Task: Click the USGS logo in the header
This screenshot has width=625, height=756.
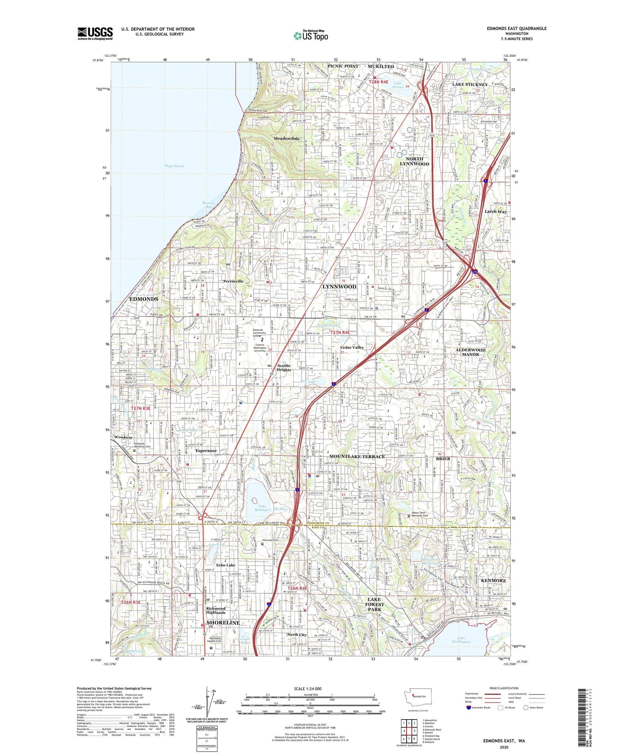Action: click(x=95, y=33)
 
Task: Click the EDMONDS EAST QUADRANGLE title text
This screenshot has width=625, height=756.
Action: click(x=516, y=29)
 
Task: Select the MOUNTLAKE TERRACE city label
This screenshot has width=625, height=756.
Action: click(x=357, y=456)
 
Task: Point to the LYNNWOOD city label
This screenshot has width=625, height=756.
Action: click(x=340, y=287)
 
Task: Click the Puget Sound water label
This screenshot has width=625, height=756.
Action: click(x=174, y=166)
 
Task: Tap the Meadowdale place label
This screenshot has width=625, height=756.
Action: click(x=286, y=139)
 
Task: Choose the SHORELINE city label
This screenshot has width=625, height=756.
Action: click(x=223, y=623)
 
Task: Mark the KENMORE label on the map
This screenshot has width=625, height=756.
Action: click(x=493, y=580)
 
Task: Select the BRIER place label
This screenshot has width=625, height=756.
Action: click(x=443, y=459)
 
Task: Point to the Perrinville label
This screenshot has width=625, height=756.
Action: click(x=234, y=281)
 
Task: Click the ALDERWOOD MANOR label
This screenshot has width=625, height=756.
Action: click(x=470, y=352)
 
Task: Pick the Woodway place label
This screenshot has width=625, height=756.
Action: click(x=123, y=437)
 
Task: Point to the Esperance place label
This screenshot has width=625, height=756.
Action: click(x=206, y=451)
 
